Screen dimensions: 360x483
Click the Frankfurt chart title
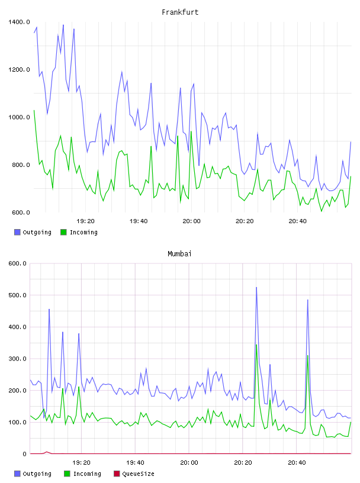(x=180, y=12)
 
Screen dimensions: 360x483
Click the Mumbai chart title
(x=179, y=253)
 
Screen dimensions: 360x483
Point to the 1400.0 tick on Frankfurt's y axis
(x=19, y=22)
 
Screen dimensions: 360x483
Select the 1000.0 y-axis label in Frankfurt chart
(x=19, y=117)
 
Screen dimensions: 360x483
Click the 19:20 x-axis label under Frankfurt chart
(x=85, y=221)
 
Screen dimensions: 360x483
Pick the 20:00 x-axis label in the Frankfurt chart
(x=191, y=221)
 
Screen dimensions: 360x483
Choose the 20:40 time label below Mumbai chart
(x=297, y=462)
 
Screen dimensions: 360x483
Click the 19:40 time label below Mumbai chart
(x=135, y=462)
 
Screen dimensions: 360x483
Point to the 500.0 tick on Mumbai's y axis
(x=17, y=295)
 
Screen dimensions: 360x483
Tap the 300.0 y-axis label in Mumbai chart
(x=17, y=359)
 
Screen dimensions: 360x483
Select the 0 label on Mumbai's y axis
(x=24, y=454)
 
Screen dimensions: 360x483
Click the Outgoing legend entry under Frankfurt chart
(x=33, y=232)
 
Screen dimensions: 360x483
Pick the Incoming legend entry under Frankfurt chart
(x=79, y=232)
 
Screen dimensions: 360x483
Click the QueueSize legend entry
(x=134, y=474)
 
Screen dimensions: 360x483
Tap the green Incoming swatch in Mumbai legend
(x=67, y=474)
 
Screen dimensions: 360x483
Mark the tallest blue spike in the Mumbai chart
(x=256, y=288)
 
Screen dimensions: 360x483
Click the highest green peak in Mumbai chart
(x=256, y=344)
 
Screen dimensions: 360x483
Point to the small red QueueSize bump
(x=47, y=452)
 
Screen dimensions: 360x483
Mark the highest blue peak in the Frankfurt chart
(x=63, y=25)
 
